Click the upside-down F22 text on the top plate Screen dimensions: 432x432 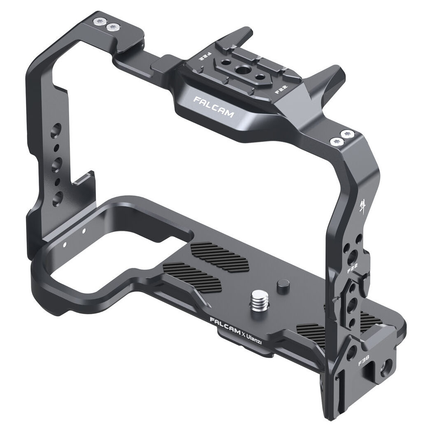(x=204, y=58)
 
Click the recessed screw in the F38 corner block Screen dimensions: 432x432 (x=387, y=364)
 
